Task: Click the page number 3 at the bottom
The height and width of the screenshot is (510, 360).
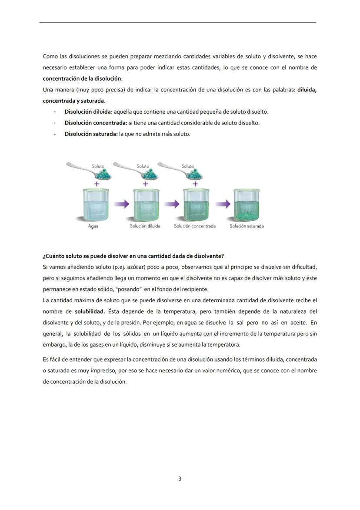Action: pos(180,479)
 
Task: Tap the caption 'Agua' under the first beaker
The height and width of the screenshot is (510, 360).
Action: pos(93,226)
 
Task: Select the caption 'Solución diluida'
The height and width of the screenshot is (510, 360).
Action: pos(145,226)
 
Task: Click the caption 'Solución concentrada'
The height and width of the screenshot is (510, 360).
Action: pos(195,226)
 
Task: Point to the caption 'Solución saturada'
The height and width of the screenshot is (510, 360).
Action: pos(247,226)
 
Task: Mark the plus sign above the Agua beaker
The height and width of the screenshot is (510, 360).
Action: pos(96,184)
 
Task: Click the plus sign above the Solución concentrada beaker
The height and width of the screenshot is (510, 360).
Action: pos(195,184)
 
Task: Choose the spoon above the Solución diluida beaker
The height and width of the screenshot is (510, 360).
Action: pos(137,170)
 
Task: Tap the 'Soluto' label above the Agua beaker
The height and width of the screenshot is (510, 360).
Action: pos(98,166)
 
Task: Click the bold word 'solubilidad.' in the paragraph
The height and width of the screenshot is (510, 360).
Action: pos(90,311)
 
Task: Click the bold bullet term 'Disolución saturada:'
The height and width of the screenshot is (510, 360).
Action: pos(91,134)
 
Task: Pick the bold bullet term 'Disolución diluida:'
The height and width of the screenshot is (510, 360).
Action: pos(88,112)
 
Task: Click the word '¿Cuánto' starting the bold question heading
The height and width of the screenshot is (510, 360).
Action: pos(53,256)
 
